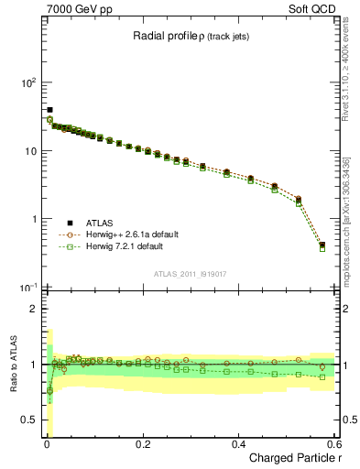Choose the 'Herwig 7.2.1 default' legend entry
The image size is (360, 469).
pyautogui.click(x=122, y=246)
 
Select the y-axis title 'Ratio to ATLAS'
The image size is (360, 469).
pyautogui.click(x=12, y=365)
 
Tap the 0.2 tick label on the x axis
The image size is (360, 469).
pyautogui.click(x=143, y=444)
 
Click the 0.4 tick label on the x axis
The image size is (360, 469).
pyautogui.click(x=239, y=444)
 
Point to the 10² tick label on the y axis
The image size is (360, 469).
pyautogui.click(x=27, y=82)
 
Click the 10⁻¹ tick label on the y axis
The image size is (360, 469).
pyautogui.click(x=27, y=288)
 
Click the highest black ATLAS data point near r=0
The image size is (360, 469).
pyautogui.click(x=49, y=110)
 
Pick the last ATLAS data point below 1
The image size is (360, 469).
pyautogui.click(x=322, y=245)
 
